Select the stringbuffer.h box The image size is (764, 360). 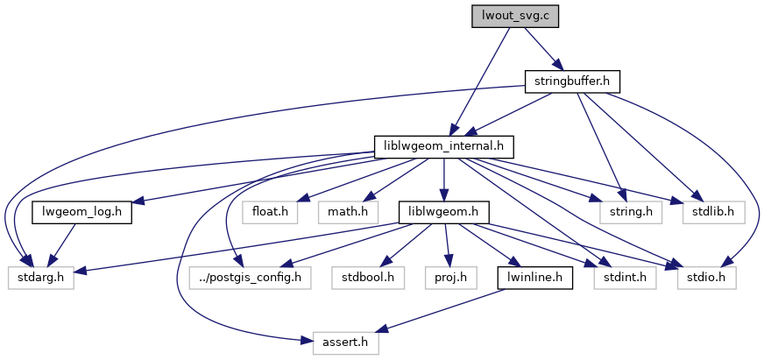click(x=572, y=81)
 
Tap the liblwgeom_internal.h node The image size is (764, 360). click(x=443, y=145)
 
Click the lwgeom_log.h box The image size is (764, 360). click(x=81, y=212)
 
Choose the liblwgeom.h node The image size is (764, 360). click(x=443, y=212)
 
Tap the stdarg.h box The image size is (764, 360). click(x=40, y=279)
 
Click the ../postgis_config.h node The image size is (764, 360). click(x=251, y=279)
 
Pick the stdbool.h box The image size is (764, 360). click(x=369, y=279)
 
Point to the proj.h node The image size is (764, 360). click(x=452, y=279)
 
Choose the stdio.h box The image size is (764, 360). click(x=706, y=279)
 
